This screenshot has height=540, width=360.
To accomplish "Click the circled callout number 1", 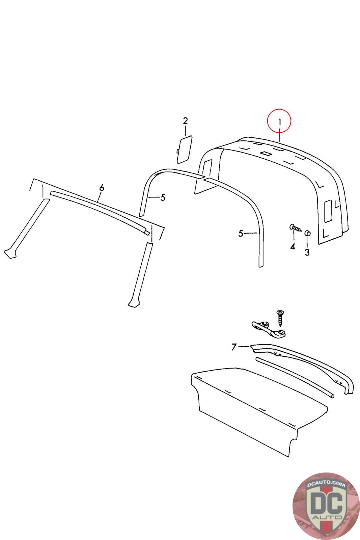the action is click(x=279, y=122).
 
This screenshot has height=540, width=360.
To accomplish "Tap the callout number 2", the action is click(x=185, y=121).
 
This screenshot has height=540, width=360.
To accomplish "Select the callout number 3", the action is click(x=307, y=252).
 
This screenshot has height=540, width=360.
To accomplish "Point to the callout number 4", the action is click(x=293, y=247).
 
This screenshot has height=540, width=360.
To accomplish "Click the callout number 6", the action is click(x=102, y=187).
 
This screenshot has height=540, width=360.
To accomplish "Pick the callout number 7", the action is click(x=234, y=347).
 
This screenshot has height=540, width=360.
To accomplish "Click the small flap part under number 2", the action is click(x=184, y=150).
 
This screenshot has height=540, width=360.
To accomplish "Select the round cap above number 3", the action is click(x=307, y=233).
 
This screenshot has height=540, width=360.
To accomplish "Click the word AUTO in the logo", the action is click(x=327, y=518).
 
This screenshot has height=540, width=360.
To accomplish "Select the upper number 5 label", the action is click(x=163, y=198).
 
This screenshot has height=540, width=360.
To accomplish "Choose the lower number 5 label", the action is click(x=241, y=233).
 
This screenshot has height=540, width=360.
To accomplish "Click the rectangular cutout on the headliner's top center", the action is click(x=265, y=153).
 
